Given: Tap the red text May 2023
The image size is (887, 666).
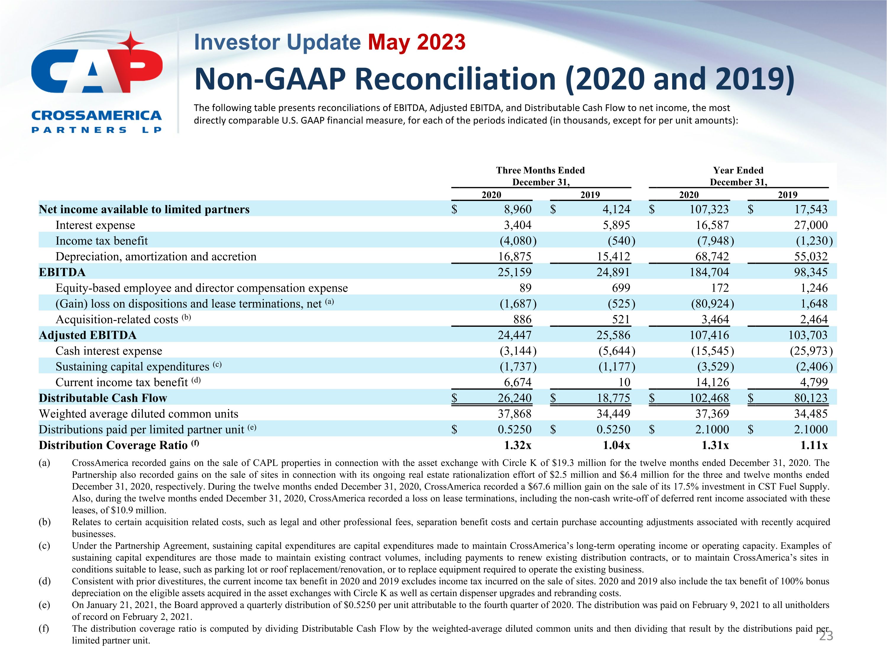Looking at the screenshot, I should [417, 42].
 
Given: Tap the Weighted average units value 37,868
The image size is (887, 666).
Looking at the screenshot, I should [514, 414].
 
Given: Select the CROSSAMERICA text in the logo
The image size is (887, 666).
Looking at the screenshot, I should [96, 116].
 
